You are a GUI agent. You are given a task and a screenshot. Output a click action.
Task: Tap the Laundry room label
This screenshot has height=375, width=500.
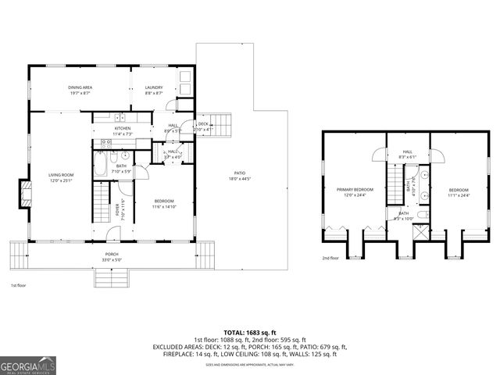click(x=154, y=90)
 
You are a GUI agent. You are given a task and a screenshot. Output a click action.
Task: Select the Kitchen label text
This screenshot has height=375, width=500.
click(x=123, y=130)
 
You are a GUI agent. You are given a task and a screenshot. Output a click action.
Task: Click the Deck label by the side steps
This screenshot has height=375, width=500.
click(x=202, y=125)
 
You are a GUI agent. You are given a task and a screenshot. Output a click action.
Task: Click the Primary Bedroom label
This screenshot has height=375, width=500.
click(x=355, y=191)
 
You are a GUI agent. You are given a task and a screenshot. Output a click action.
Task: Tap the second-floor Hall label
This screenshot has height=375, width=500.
click(x=407, y=154)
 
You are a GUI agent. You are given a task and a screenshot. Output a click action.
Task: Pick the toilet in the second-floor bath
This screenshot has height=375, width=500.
click(x=421, y=215)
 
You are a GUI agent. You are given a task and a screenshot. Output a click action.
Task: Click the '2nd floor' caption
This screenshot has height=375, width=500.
click(x=330, y=258)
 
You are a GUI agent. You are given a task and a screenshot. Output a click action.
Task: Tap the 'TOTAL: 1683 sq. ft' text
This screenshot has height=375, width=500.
click(x=250, y=332)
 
